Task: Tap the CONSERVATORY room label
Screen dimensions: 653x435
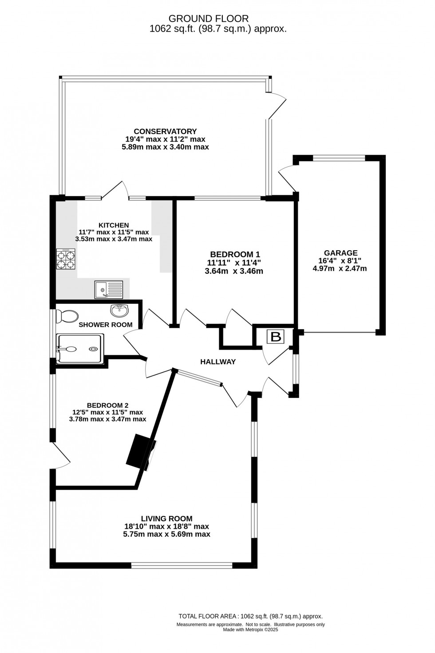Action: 165,131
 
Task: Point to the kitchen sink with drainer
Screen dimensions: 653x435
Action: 108,289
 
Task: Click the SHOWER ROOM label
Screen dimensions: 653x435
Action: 105,325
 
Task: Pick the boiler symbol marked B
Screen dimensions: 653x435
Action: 276,337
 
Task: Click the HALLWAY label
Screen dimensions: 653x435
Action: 218,362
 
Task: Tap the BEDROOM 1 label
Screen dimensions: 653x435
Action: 235,254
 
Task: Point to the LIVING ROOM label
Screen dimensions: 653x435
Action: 166,518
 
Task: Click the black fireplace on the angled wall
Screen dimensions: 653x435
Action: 140,452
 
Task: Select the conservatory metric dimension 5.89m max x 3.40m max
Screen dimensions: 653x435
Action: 165,146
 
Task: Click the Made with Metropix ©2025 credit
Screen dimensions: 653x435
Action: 250,629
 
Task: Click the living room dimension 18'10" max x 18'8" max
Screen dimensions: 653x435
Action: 166,526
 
